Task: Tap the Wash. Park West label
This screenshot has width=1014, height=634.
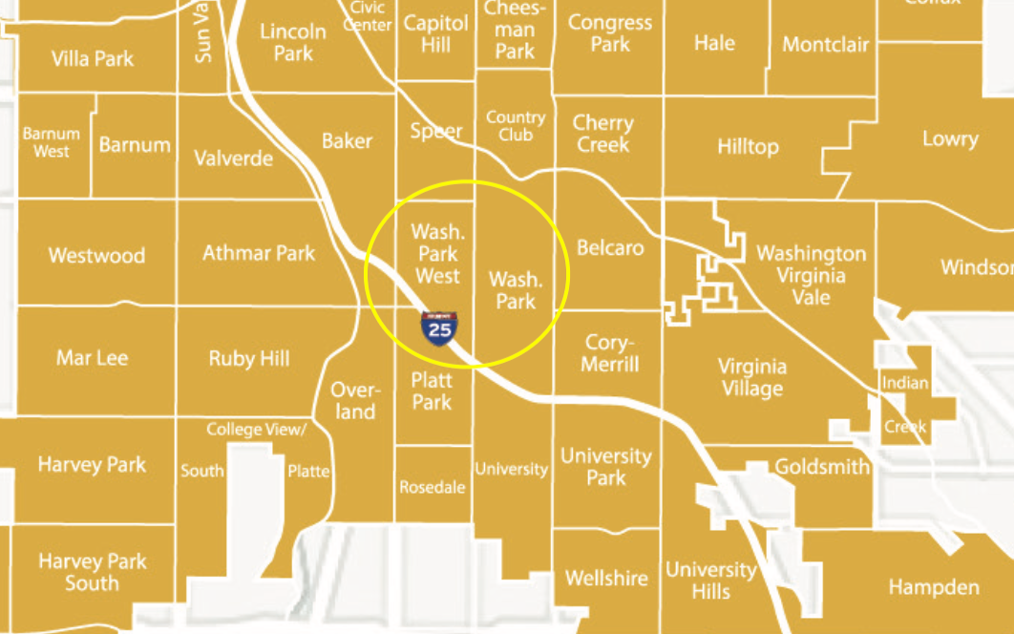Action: (x=435, y=254)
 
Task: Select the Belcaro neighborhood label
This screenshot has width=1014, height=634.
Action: (x=610, y=248)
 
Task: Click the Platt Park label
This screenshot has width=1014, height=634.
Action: (x=432, y=391)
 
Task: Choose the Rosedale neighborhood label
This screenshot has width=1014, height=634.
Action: (x=433, y=487)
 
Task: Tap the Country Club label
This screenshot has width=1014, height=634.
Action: (x=516, y=126)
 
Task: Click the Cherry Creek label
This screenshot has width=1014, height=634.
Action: (x=602, y=134)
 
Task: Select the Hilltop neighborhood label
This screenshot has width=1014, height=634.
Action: (x=748, y=146)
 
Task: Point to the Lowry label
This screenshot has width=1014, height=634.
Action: (x=950, y=138)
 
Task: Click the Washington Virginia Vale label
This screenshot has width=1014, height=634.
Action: (x=812, y=275)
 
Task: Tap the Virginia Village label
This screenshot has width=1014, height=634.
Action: (x=752, y=377)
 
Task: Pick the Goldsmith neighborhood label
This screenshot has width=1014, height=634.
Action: (x=822, y=467)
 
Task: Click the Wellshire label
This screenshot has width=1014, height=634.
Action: (x=606, y=578)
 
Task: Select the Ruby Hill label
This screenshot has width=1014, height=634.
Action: (x=249, y=358)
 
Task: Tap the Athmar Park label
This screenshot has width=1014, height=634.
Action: (x=259, y=253)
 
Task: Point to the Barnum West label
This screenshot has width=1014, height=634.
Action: (x=52, y=142)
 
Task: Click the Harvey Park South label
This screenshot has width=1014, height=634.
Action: (x=93, y=571)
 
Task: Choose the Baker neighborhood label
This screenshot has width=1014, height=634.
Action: (x=347, y=140)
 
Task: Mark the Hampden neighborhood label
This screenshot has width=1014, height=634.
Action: (x=934, y=586)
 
